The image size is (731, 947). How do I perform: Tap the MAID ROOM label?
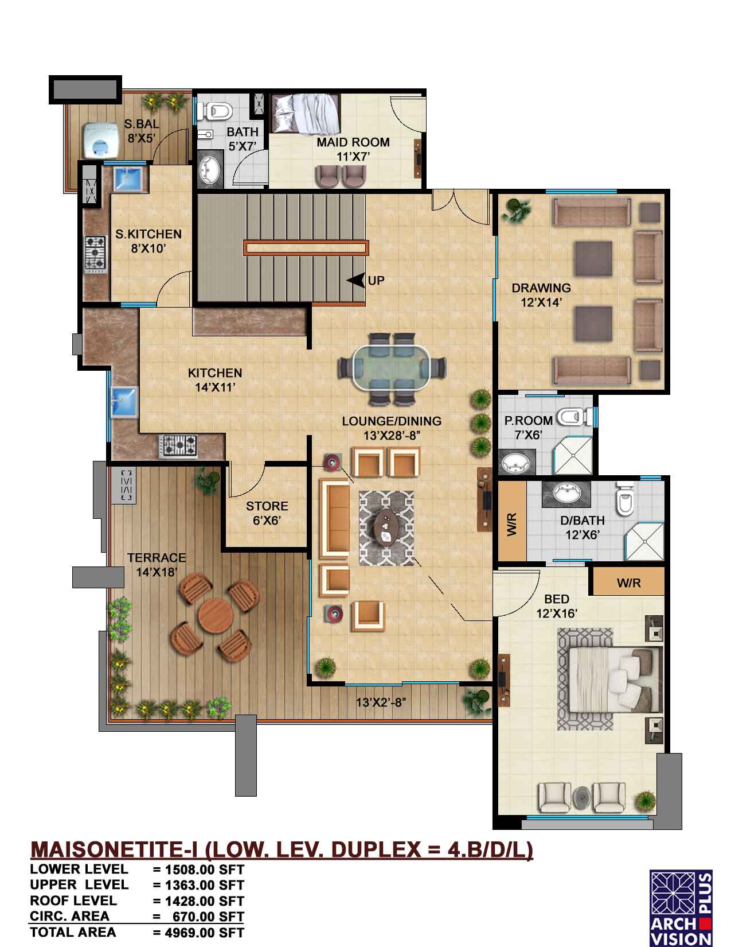click(353, 149)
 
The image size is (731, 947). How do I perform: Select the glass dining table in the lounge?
click(392, 367)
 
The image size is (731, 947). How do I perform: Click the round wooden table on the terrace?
click(216, 615)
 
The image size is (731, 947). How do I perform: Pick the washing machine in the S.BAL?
click(100, 141)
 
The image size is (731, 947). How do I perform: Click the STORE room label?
click(267, 513)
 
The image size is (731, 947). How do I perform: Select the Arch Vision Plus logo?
click(681, 907)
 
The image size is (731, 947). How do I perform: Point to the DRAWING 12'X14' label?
click(541, 294)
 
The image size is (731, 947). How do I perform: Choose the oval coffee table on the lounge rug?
click(386, 527)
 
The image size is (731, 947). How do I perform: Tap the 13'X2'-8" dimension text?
click(381, 702)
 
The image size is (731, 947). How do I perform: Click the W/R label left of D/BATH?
click(512, 524)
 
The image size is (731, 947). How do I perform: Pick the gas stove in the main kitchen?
click(178, 446)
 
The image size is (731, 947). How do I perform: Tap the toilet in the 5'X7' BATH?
click(214, 111)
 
